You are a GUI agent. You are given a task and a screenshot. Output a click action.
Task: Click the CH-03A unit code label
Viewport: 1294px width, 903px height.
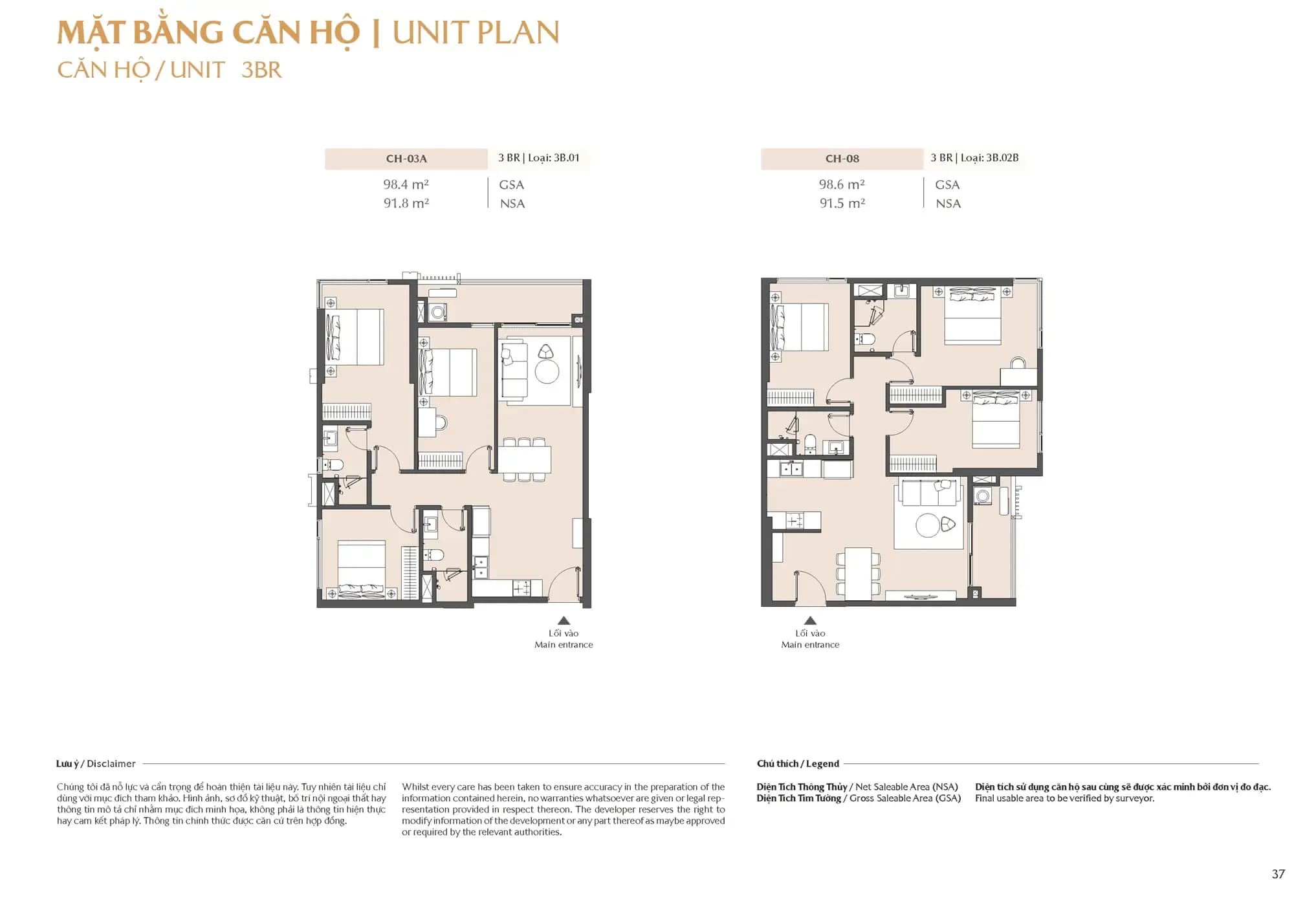[406, 158]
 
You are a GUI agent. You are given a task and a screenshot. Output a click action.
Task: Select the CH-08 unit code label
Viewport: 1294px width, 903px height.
[842, 158]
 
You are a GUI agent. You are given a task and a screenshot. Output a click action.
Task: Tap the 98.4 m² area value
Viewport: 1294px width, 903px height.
[406, 184]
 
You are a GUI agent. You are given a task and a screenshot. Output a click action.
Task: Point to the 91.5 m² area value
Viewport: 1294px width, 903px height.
[842, 203]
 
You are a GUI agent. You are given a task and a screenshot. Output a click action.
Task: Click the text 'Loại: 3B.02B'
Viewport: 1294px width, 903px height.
[989, 158]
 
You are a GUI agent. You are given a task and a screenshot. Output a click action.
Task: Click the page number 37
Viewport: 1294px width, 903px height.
[1278, 874]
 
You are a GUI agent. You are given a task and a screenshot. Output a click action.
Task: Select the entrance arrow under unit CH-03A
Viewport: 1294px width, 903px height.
[564, 620]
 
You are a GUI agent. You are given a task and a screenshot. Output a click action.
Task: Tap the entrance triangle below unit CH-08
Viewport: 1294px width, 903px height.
[810, 620]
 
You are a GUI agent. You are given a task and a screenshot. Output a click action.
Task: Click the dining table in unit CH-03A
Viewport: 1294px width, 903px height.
[525, 460]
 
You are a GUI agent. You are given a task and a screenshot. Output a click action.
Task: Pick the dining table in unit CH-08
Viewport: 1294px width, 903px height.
[859, 573]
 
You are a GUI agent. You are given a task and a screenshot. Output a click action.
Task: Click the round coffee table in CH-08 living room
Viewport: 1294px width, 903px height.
[928, 525]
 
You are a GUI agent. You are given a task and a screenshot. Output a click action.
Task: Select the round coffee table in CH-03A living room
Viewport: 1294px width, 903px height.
[547, 372]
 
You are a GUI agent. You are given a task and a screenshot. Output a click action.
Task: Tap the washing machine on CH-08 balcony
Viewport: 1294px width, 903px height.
[983, 496]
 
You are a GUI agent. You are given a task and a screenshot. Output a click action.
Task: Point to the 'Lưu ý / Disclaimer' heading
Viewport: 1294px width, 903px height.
[96, 764]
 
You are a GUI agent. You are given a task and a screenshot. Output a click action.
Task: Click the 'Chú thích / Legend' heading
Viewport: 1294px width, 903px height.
[798, 764]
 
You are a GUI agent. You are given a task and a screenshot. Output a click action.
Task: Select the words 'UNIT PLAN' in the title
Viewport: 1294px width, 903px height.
[476, 32]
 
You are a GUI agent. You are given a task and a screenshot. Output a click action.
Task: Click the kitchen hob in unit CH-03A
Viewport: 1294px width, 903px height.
[522, 589]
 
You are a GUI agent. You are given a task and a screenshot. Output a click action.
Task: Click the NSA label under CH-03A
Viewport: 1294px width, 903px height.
[512, 204]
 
